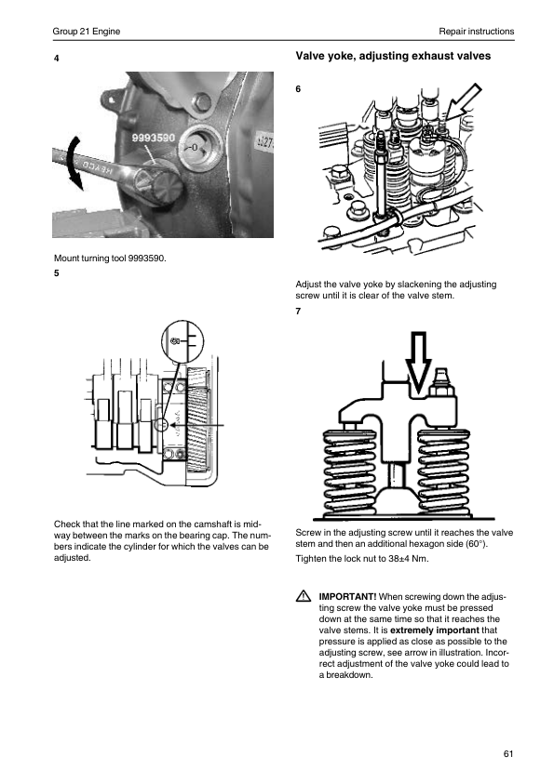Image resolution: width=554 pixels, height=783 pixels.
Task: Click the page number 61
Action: coord(508,753)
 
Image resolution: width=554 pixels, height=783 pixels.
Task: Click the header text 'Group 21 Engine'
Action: coord(87,32)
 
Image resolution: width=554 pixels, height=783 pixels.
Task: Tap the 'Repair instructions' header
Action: coord(477,32)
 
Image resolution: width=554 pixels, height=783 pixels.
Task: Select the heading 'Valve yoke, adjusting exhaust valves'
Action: coord(393,56)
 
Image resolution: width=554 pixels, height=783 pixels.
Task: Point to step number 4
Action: coord(57,59)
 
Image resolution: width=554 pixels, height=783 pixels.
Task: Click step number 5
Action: coord(57,273)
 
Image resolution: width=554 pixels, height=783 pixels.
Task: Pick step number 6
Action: coord(298,89)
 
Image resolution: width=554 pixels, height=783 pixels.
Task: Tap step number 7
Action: coord(298,312)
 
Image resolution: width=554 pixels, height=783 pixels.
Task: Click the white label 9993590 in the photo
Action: coord(153,138)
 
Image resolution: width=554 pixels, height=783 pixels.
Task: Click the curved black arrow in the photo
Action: coord(74,163)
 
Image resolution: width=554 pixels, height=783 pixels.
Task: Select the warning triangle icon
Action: coord(303,596)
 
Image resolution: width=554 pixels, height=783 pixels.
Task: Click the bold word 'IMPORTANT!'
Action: coord(347,597)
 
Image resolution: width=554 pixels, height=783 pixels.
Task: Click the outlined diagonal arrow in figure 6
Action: coord(463,102)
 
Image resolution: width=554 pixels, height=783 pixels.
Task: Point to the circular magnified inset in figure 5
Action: coord(182,341)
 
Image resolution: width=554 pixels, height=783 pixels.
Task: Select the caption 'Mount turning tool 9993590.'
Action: coord(110,259)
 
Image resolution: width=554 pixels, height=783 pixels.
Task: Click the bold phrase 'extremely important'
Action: coord(435,630)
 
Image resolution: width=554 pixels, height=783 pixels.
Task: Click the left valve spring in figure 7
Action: coord(349,473)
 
